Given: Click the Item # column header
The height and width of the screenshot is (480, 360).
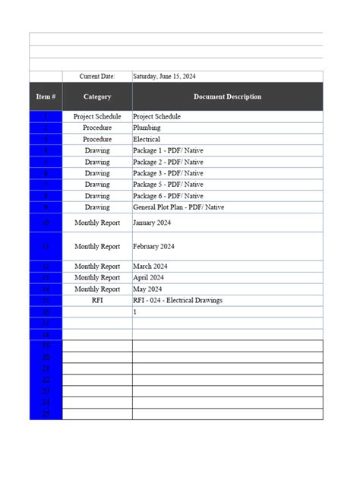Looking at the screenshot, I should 46,96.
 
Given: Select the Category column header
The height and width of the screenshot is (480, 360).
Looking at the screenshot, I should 97,96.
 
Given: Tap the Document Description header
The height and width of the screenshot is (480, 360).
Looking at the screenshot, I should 227,96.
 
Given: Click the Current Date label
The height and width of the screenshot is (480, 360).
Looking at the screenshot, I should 97,77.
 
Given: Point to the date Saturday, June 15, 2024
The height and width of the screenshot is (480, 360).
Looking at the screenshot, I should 164,77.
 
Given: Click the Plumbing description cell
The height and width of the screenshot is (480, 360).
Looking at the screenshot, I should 147,128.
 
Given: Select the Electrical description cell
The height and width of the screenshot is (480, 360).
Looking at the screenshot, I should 147,140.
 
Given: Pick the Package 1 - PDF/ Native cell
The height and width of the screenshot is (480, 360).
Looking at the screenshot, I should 168,151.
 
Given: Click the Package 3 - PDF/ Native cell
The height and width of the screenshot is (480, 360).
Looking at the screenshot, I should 168,173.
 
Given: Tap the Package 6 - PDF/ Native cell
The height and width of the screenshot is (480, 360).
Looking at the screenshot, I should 168,196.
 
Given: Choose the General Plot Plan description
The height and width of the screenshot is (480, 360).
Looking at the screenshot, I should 178,207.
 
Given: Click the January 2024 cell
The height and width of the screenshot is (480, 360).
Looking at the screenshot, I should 154,223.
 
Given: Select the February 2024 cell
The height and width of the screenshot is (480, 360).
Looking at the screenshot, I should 154,247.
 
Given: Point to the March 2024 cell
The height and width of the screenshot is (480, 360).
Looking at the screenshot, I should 150,267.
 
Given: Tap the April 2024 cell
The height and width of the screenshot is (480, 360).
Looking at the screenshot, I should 149,278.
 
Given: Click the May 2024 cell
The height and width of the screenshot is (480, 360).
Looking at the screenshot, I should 148,289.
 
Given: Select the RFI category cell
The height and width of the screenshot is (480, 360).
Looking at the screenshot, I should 97,301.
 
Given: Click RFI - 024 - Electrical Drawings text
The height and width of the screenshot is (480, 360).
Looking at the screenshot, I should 178,301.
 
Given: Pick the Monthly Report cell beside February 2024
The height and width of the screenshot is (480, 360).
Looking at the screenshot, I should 97,247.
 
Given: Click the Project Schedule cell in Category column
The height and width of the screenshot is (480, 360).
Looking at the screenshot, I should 97,117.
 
